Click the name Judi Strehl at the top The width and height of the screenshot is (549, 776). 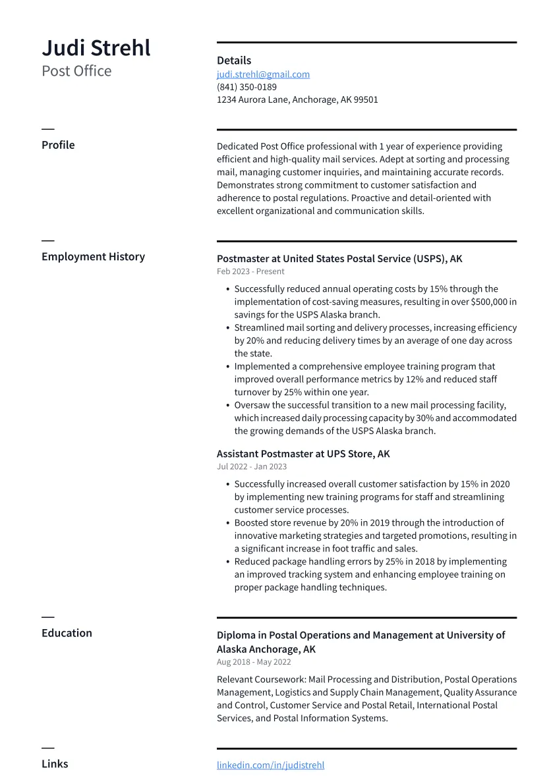(96, 48)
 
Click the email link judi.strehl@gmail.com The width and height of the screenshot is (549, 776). (263, 74)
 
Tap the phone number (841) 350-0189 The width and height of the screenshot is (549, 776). (246, 87)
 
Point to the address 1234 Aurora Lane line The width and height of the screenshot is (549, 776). (297, 100)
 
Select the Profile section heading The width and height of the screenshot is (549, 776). (58, 145)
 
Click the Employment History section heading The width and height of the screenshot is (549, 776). (93, 257)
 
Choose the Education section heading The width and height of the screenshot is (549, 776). (67, 633)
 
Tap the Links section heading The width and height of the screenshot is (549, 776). (55, 764)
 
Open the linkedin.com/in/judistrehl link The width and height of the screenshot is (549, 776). (270, 765)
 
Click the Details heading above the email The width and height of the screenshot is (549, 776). (234, 61)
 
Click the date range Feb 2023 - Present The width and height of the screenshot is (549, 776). (250, 271)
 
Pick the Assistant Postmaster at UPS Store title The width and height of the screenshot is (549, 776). (303, 454)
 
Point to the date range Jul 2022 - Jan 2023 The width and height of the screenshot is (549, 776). (252, 466)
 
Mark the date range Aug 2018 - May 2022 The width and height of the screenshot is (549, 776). (254, 662)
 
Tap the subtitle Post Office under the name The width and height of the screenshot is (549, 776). (76, 71)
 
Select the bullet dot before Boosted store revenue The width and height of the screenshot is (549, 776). (227, 523)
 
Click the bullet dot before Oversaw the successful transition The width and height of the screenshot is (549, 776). (227, 405)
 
